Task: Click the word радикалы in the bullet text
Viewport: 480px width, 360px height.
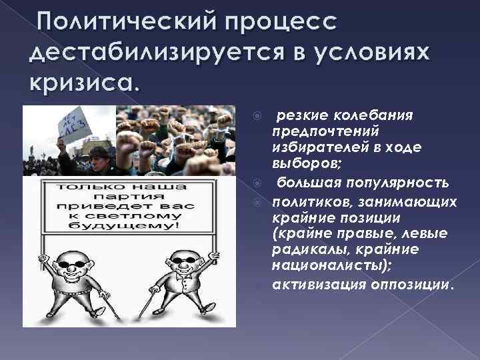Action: tap(301, 250)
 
